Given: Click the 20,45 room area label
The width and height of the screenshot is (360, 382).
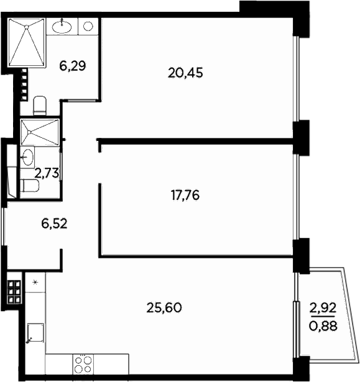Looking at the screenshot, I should tap(185, 73).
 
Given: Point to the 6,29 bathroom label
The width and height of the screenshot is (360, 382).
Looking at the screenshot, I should tap(72, 65).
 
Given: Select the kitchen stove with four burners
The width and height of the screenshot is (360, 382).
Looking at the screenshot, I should tap(82, 363).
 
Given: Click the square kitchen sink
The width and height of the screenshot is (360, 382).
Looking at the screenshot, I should tap(35, 334).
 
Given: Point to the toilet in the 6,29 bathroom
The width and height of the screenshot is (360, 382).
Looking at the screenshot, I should tap(39, 105).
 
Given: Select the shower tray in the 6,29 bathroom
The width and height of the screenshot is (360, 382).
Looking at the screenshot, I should tap(27, 43).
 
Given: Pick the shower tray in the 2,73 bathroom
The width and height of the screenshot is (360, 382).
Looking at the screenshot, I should tap(39, 132).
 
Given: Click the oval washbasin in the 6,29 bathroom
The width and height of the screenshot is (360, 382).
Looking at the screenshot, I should tap(62, 25).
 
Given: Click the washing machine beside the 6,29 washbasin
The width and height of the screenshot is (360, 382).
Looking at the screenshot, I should tap(88, 26).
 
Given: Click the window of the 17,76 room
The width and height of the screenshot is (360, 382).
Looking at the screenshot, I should tap(298, 196).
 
